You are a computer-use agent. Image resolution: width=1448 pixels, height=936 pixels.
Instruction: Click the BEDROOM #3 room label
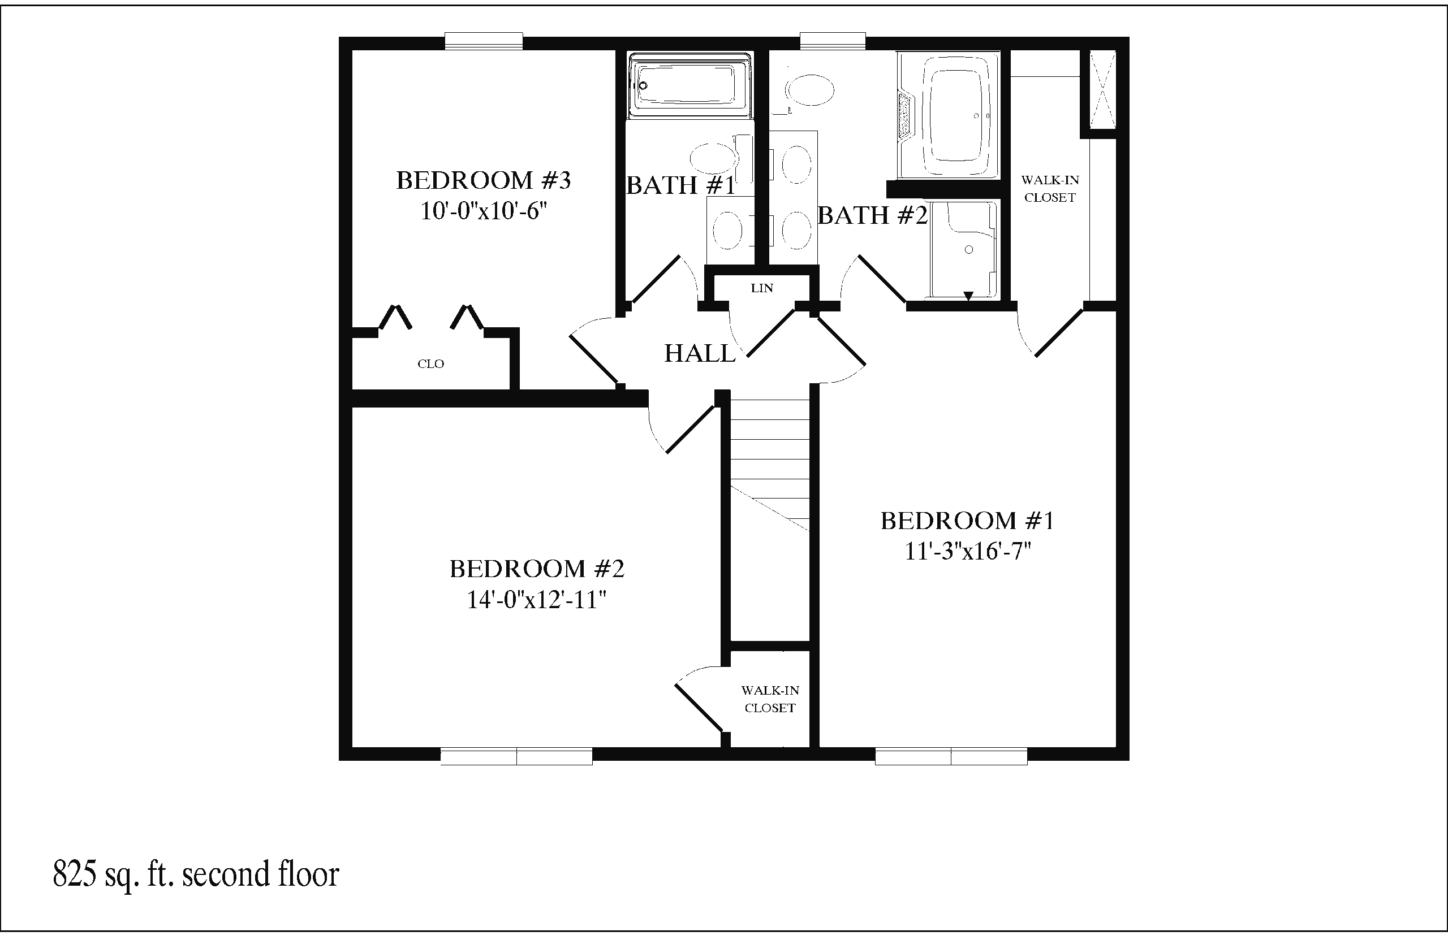484,180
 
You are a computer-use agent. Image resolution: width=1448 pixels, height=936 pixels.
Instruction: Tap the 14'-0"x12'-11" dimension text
536,600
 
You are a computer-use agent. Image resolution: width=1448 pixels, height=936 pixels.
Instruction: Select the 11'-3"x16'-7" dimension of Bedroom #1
968,551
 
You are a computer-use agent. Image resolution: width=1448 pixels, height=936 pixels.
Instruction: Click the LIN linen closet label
762,288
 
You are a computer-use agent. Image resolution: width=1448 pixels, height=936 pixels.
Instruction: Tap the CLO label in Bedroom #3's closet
430,364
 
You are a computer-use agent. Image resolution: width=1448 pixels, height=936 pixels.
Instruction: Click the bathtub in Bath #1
689,84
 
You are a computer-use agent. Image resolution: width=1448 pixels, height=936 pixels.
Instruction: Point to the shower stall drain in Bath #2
969,250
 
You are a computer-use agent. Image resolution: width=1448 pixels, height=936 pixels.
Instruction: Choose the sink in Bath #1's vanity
727,232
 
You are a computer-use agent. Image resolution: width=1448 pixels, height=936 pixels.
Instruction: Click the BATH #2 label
872,215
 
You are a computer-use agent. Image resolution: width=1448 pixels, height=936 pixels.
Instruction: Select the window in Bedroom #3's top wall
484,41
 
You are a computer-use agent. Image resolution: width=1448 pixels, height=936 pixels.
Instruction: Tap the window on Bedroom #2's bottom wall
516,756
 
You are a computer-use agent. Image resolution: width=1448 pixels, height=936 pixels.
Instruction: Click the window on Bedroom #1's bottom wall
951,756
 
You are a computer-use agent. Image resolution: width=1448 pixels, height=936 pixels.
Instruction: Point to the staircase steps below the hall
770,462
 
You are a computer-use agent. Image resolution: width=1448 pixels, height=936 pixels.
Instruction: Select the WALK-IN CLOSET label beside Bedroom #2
770,699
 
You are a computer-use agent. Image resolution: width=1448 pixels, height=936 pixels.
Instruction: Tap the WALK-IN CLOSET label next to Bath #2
1050,188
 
